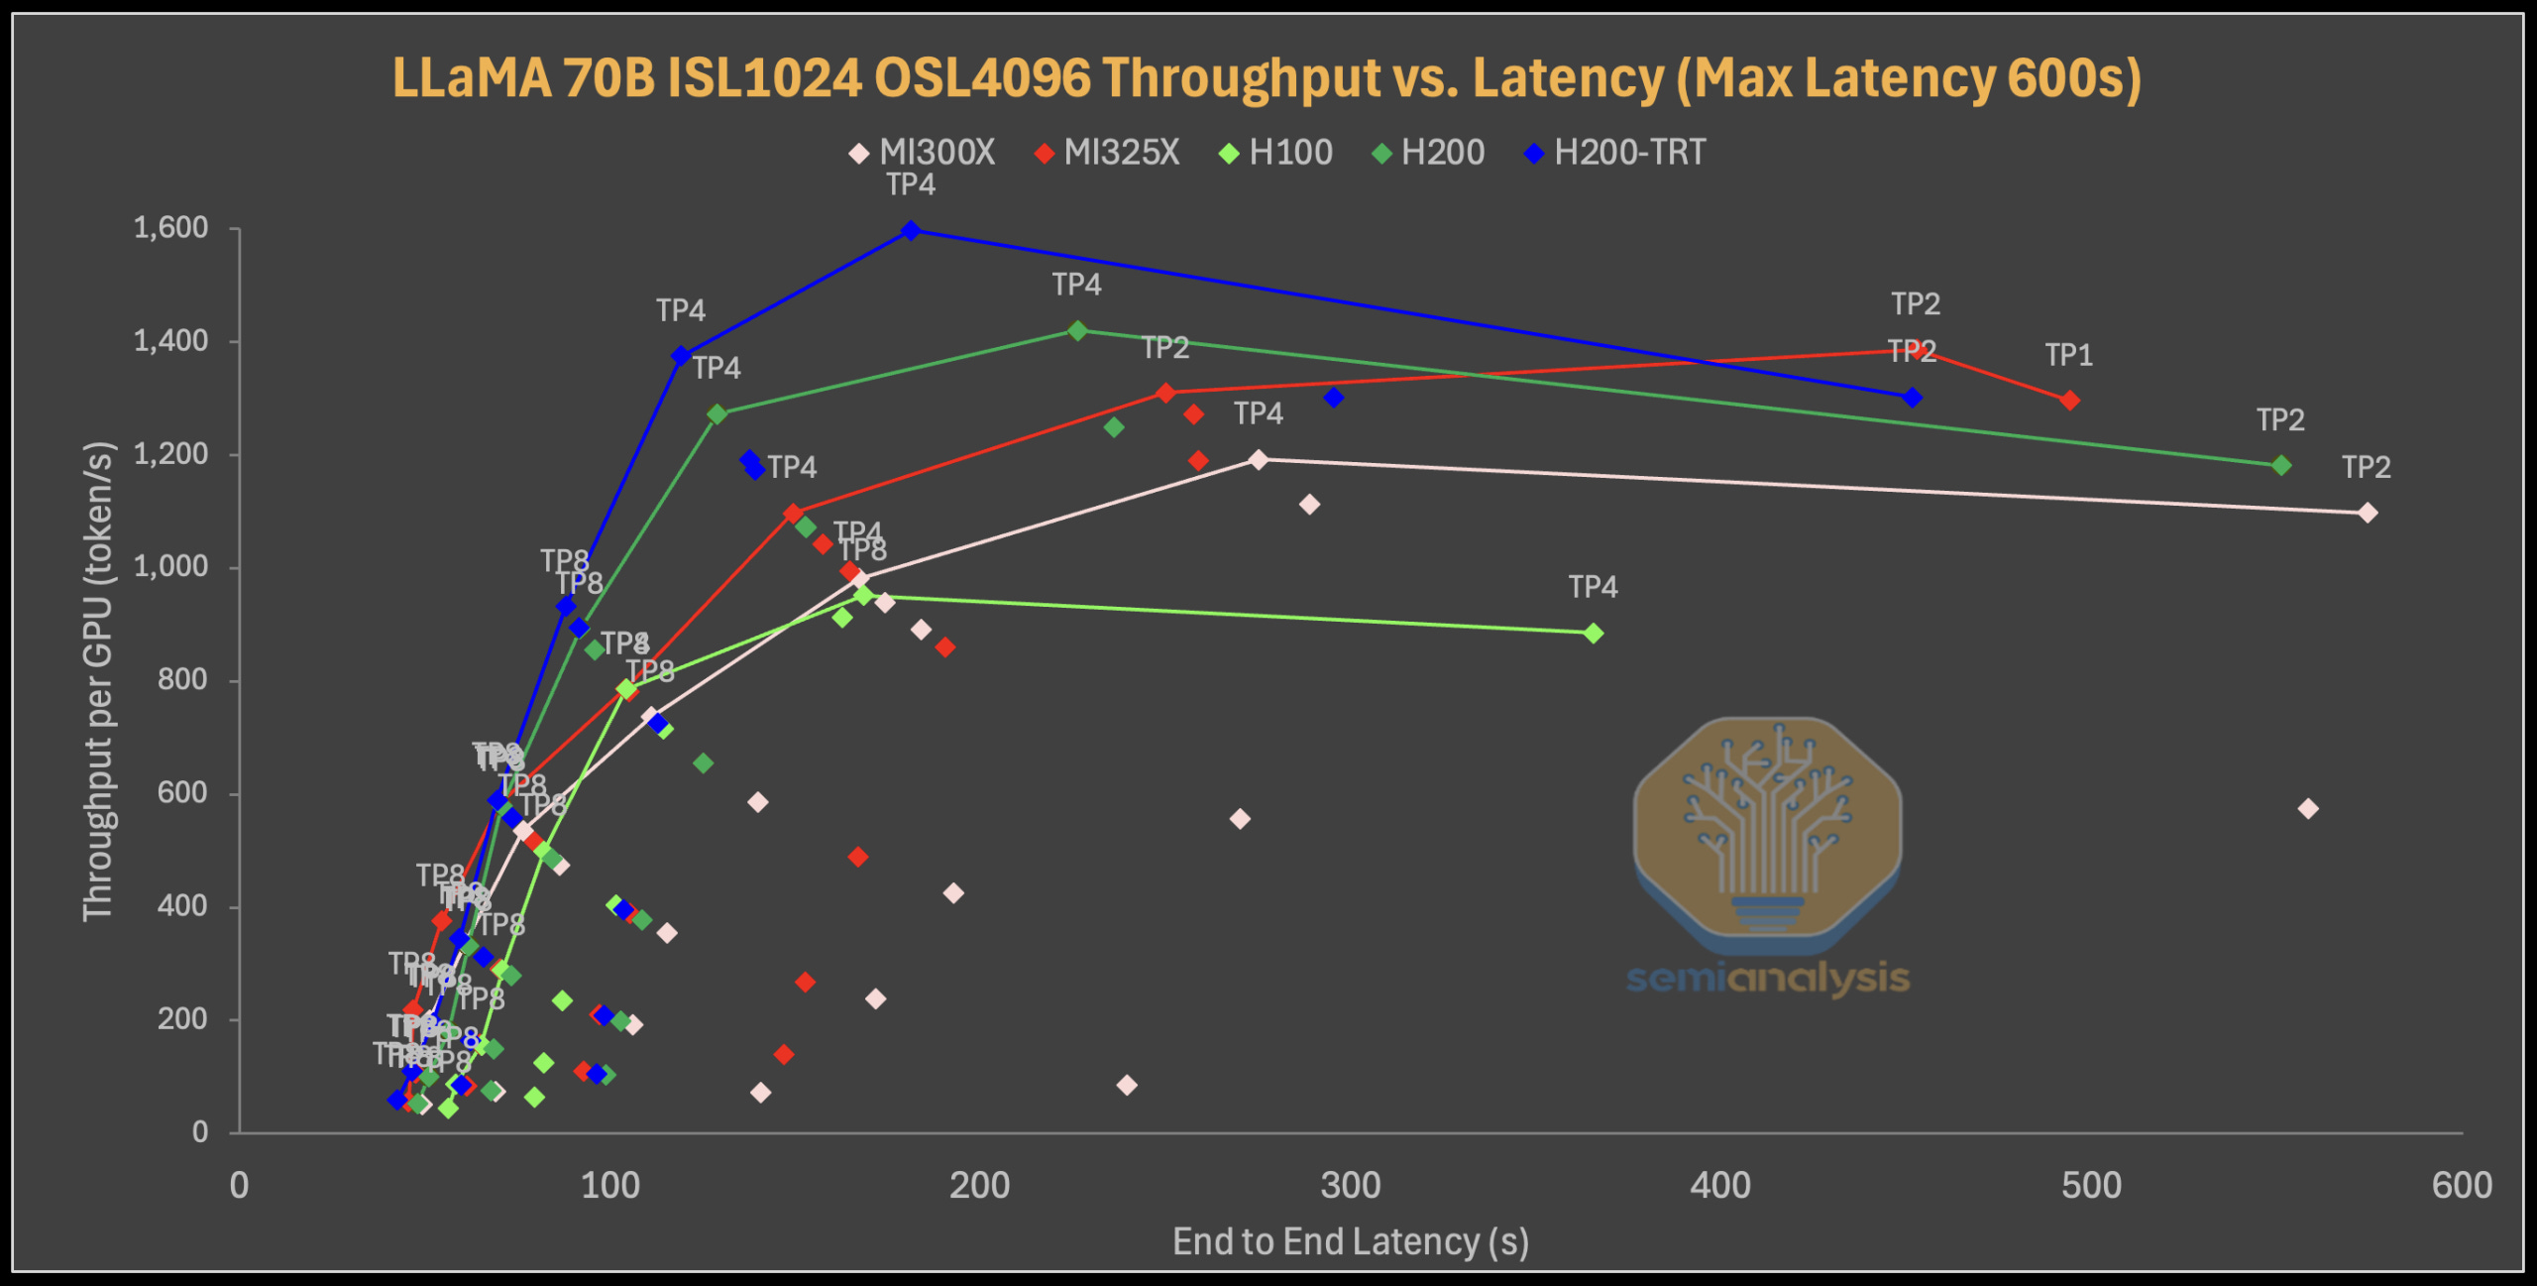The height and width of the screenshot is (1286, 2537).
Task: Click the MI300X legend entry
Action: click(x=923, y=153)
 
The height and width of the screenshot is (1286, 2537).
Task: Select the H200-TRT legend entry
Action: click(x=1615, y=153)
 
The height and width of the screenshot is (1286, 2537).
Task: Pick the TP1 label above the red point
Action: click(x=2068, y=355)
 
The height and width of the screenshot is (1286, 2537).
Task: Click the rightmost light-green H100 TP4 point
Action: click(x=1593, y=634)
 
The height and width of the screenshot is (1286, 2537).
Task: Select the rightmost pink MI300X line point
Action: click(x=2367, y=513)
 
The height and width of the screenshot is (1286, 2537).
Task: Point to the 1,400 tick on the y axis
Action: click(x=170, y=341)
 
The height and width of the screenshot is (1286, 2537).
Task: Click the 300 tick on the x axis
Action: click(x=1350, y=1186)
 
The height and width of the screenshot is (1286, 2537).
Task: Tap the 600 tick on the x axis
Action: click(x=2461, y=1186)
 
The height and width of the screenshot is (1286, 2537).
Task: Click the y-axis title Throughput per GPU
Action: click(x=98, y=681)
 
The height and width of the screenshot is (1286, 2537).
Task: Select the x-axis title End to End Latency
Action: click(x=1350, y=1241)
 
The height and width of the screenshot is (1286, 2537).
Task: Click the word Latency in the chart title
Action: click(x=1566, y=77)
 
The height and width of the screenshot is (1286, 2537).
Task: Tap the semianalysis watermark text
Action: click(x=1768, y=979)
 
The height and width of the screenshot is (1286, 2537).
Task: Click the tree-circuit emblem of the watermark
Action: click(x=1768, y=823)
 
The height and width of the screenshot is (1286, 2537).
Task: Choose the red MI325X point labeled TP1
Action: click(x=2069, y=401)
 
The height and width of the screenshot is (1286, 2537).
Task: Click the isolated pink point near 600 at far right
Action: click(x=2308, y=809)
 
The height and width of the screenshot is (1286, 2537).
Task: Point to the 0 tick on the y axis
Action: click(x=199, y=1131)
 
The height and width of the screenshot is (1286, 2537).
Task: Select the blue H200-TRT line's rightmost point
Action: click(x=1913, y=398)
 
